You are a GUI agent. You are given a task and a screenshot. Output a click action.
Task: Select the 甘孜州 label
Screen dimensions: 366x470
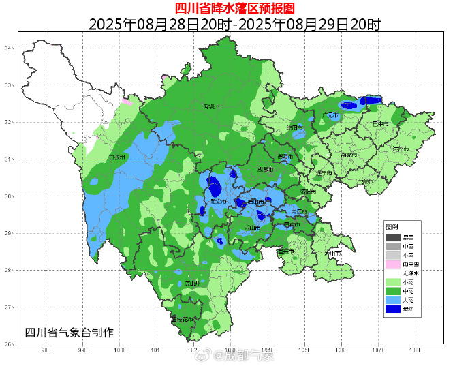point(118,157)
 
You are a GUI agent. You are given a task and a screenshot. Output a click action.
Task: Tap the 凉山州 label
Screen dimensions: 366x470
point(193,283)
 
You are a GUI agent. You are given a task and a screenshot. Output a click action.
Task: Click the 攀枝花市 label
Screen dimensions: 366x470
point(183,318)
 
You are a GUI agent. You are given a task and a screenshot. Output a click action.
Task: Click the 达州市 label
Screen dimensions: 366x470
point(401,148)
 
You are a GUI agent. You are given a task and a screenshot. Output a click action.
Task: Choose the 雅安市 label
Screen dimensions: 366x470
point(219,202)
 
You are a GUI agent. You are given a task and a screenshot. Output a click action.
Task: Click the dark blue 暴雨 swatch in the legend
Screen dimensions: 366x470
point(392,309)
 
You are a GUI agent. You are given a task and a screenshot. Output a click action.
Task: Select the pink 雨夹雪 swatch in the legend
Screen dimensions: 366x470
point(392,264)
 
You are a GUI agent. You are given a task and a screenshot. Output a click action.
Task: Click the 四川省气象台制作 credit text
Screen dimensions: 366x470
point(69,332)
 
